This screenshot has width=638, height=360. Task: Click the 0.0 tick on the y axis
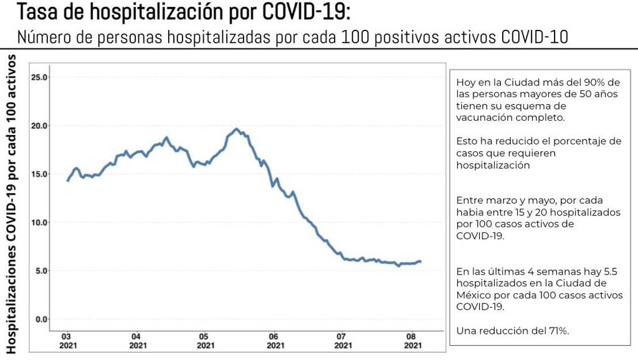pyautogui.click(x=41, y=319)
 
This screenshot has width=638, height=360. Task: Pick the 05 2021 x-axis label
pyautogui.click(x=204, y=339)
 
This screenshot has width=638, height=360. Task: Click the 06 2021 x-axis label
pyautogui.click(x=272, y=339)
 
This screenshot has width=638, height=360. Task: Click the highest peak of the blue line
pyautogui.click(x=236, y=129)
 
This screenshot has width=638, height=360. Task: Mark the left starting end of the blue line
pyautogui.click(x=67, y=181)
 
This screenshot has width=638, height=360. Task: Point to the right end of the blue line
pyautogui.click(x=421, y=262)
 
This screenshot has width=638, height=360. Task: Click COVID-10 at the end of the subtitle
pyautogui.click(x=535, y=37)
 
